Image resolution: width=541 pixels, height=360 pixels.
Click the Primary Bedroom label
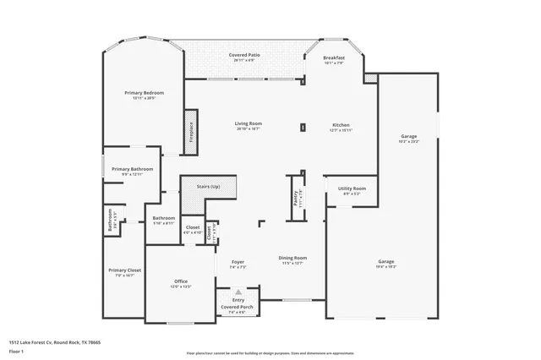point(144,92)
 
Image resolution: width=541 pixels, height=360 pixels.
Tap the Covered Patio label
point(244,55)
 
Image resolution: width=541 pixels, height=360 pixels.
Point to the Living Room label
point(248,124)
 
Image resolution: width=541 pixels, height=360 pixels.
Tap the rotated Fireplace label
point(191,132)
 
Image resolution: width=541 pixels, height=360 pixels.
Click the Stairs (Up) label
point(210,186)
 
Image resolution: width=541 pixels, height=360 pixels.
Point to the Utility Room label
point(352,188)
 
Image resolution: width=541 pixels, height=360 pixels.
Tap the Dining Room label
point(292,258)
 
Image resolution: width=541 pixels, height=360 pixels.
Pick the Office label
point(181,281)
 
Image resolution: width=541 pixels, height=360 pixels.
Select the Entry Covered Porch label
point(238,304)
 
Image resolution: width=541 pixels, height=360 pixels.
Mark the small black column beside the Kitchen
point(302,128)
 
